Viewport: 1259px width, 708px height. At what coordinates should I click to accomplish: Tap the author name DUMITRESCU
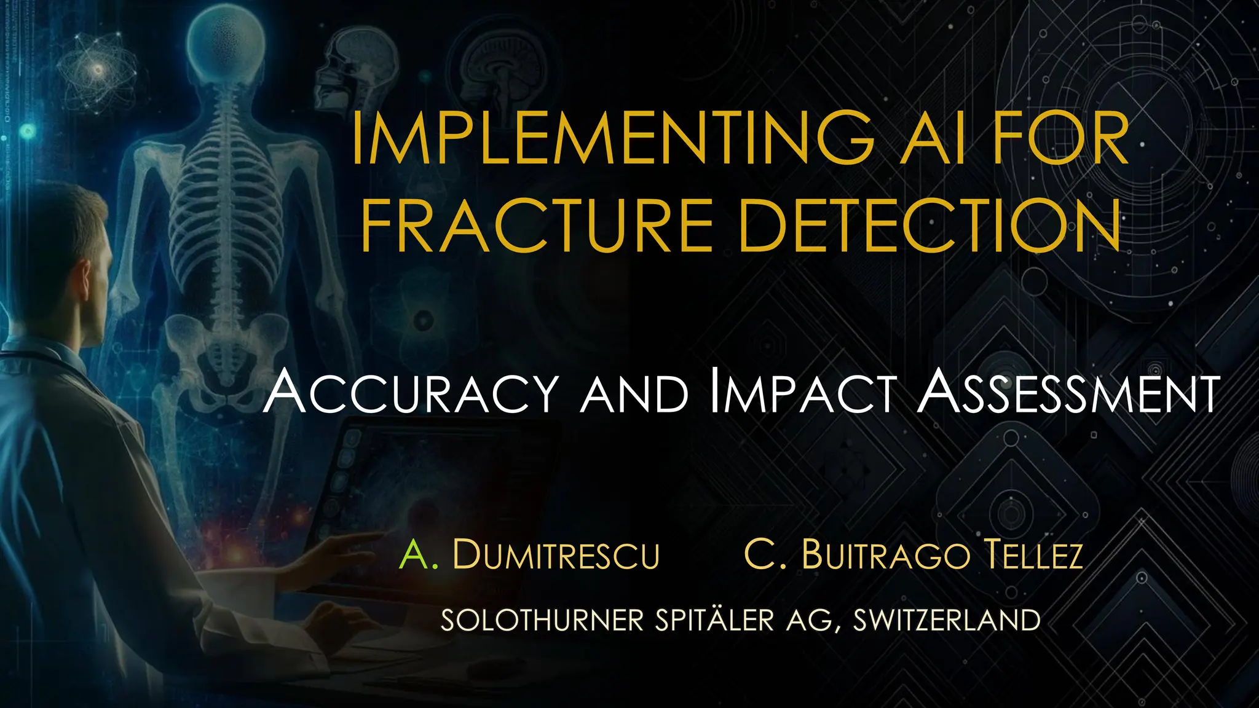(x=556, y=554)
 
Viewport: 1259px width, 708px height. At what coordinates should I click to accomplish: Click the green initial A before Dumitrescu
(x=414, y=554)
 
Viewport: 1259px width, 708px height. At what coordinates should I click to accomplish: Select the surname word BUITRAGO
(x=886, y=554)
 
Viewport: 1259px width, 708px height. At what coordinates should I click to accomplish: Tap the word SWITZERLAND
(x=947, y=620)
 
